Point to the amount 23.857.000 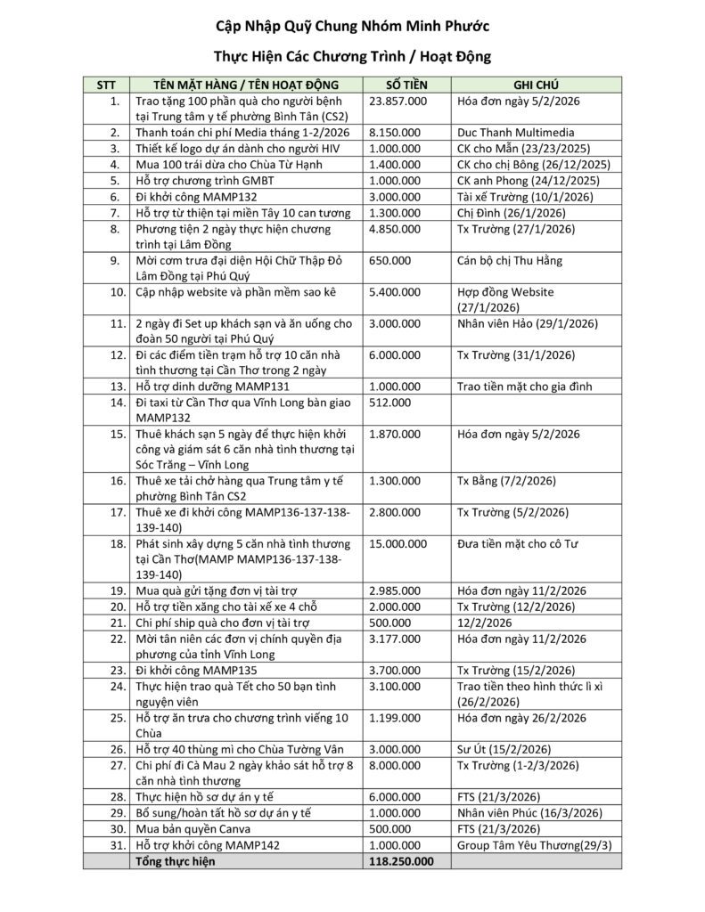(398, 101)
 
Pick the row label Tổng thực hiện (175, 861)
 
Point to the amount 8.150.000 (394, 132)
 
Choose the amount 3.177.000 (394, 639)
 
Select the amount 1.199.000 (394, 717)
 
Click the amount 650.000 (389, 260)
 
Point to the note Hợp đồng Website (505, 291)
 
